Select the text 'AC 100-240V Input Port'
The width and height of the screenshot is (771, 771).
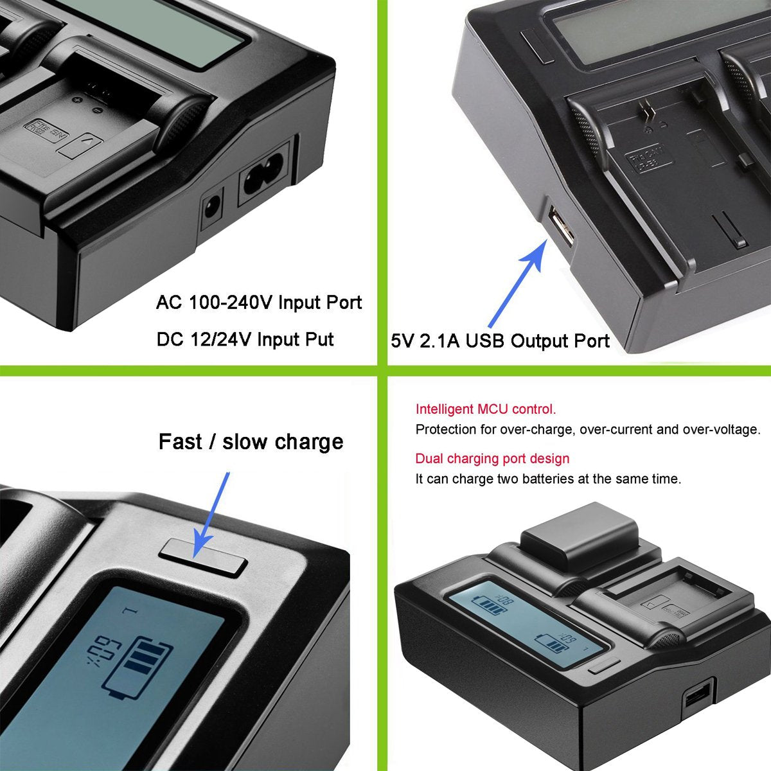(x=259, y=303)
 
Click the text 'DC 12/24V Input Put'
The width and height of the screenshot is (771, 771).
(x=245, y=339)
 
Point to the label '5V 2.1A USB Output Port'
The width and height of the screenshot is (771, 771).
(x=500, y=341)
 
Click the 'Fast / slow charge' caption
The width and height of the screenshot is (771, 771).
(x=251, y=442)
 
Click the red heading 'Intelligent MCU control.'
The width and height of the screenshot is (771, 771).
(x=486, y=409)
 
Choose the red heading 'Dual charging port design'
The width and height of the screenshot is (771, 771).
(x=492, y=459)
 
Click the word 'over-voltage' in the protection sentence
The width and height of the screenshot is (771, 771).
(x=722, y=430)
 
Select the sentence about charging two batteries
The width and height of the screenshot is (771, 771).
(x=548, y=479)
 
